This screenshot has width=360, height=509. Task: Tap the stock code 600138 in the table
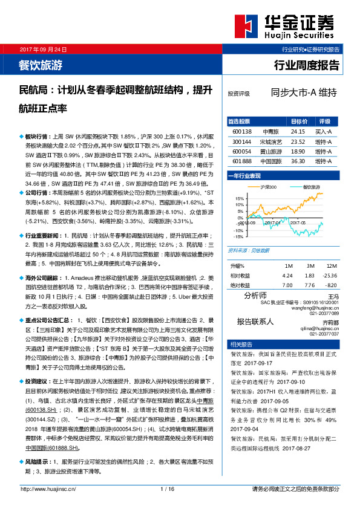tap(241, 131)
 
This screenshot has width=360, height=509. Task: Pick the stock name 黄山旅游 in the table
tap(269, 151)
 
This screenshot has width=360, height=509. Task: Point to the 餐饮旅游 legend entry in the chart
tap(311, 187)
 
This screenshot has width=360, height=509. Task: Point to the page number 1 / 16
tap(168, 489)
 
